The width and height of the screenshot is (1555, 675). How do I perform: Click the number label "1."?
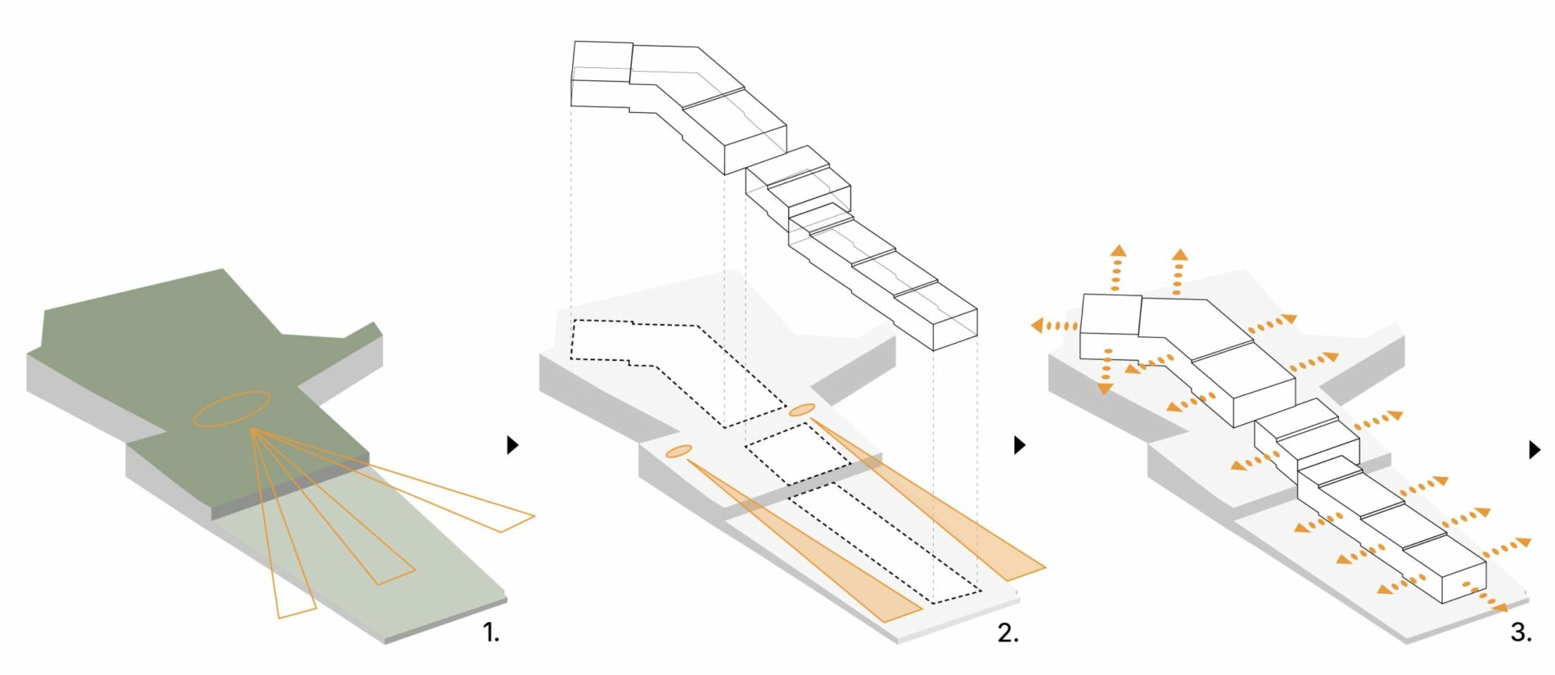point(490,632)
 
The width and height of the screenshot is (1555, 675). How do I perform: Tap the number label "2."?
point(1007,632)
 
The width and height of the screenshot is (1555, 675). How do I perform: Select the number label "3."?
point(1521,632)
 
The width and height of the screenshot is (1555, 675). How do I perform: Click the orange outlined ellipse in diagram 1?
point(232,408)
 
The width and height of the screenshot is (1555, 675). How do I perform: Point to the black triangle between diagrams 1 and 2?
point(512,444)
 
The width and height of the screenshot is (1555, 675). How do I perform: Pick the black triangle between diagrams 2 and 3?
point(1019,444)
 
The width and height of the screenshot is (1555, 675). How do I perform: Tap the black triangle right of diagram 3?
point(1535,449)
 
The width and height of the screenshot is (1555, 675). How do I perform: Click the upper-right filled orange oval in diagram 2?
point(801,410)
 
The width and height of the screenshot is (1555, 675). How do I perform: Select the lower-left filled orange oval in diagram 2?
point(679,451)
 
